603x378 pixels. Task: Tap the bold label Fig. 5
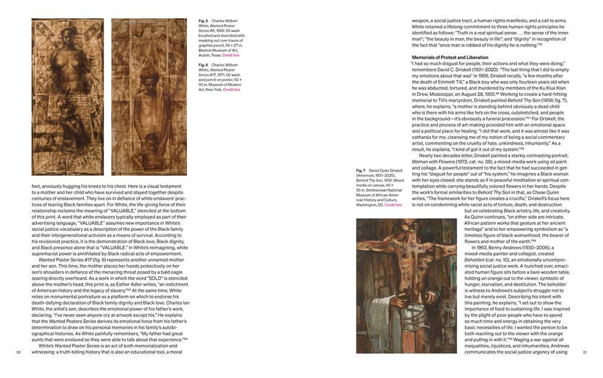203,20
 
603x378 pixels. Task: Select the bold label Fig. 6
203,65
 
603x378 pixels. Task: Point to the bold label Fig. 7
361,171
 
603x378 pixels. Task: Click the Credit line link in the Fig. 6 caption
232,89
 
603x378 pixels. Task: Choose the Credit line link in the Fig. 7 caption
393,205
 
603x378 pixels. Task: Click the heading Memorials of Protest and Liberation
450,57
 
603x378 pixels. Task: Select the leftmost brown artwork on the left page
67,96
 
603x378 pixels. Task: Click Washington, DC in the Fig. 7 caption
371,205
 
